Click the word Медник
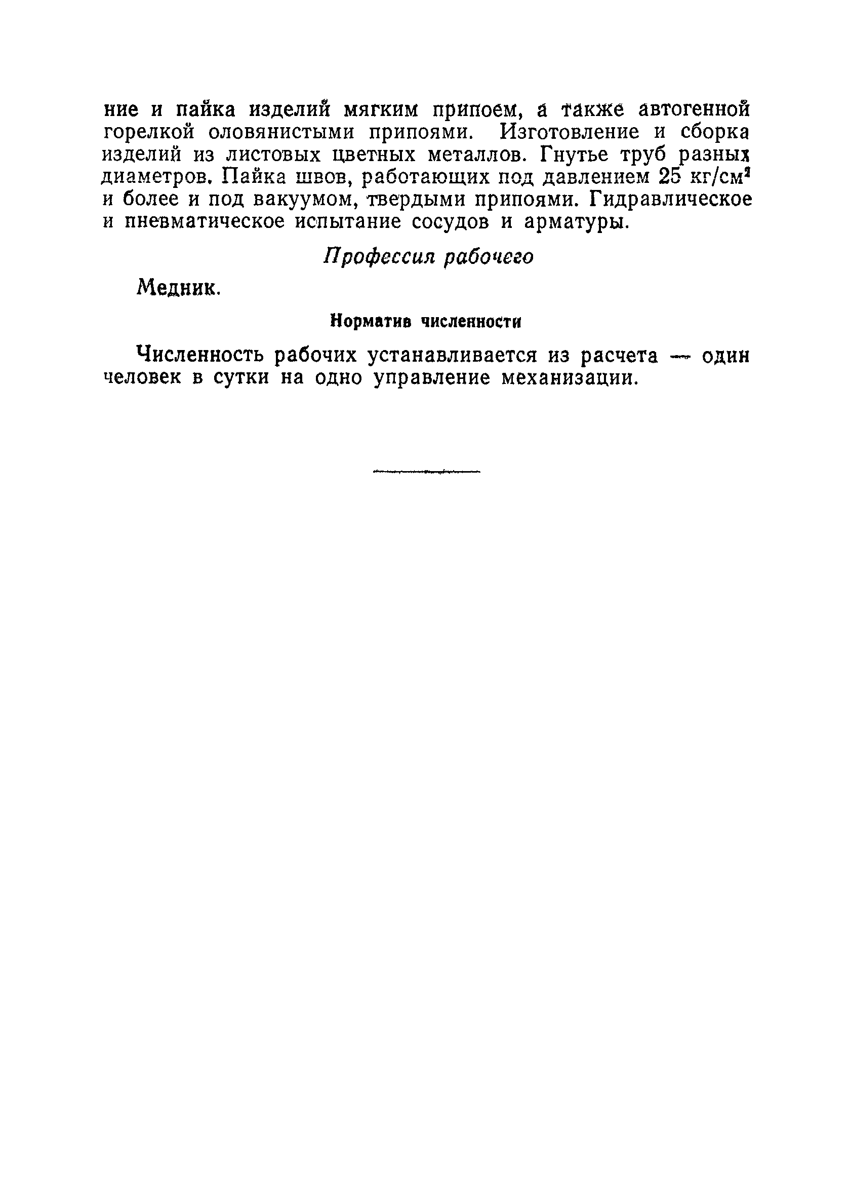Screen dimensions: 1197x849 point(178,287)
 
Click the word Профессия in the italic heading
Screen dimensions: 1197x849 point(379,257)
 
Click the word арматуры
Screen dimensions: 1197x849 point(575,222)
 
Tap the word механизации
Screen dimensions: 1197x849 point(570,377)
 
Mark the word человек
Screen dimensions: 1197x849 point(142,377)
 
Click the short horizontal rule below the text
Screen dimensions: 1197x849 point(427,472)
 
